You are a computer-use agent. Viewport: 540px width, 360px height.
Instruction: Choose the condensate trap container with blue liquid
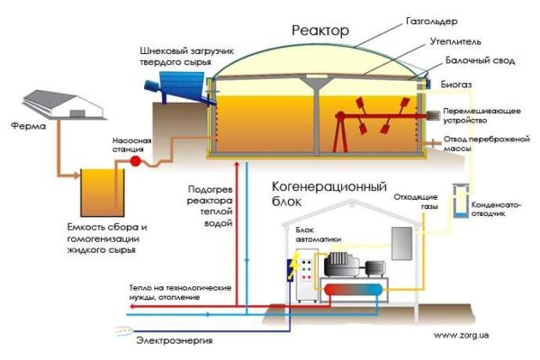[x=461, y=203]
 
